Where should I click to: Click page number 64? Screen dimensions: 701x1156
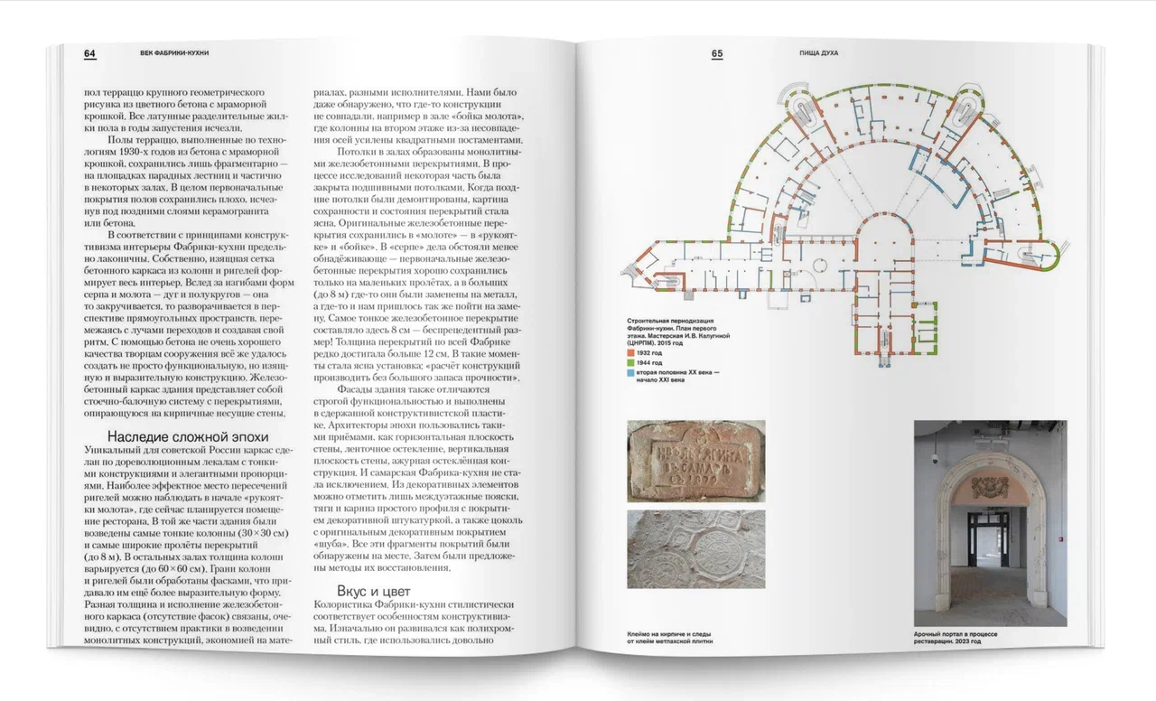pos(89,53)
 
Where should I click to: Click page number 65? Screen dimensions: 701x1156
pos(717,53)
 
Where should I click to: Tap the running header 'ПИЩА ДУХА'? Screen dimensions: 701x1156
pos(819,53)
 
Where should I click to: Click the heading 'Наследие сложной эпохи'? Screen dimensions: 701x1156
pos(178,437)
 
